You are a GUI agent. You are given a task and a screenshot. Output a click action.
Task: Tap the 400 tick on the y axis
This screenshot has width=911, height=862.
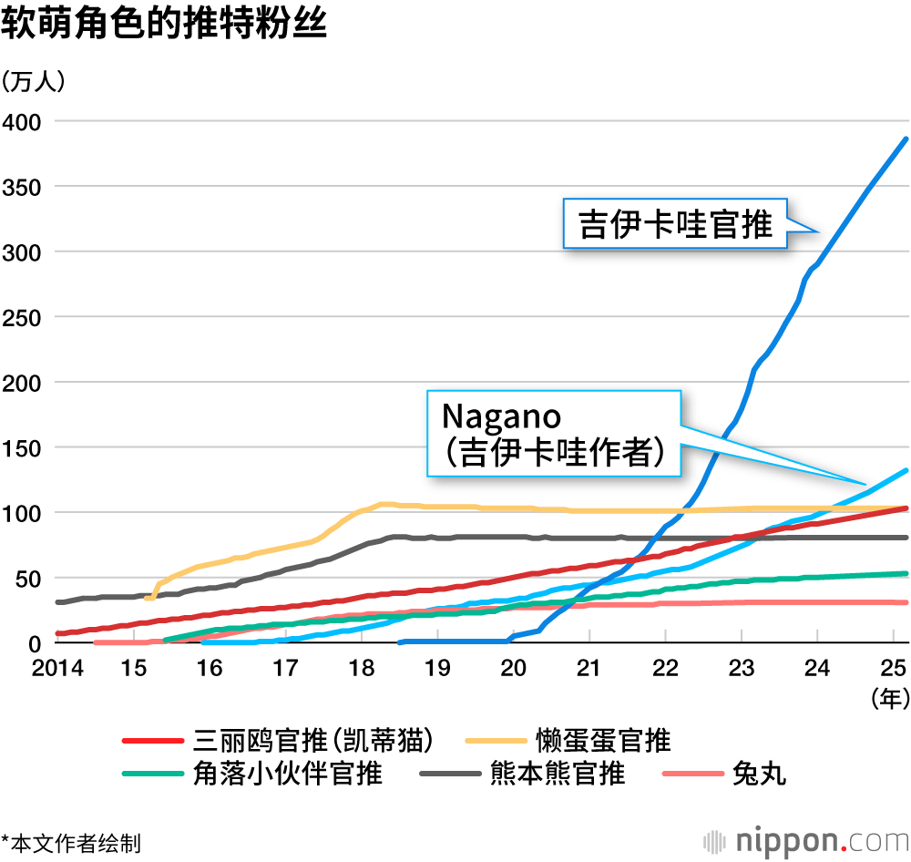pos(21,121)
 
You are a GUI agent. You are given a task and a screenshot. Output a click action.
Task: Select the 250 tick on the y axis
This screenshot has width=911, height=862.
pos(21,317)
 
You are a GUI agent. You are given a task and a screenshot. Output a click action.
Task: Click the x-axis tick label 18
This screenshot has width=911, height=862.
pos(362,668)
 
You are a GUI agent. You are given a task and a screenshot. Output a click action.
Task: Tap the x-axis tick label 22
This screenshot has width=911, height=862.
pos(666,668)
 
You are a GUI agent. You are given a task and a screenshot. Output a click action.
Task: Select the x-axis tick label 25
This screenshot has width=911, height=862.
pos(894,668)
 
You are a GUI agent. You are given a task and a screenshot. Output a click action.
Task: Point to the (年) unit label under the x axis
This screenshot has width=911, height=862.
pos(889,699)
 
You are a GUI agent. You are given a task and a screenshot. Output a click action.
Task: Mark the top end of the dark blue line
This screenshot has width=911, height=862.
pos(906,139)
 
